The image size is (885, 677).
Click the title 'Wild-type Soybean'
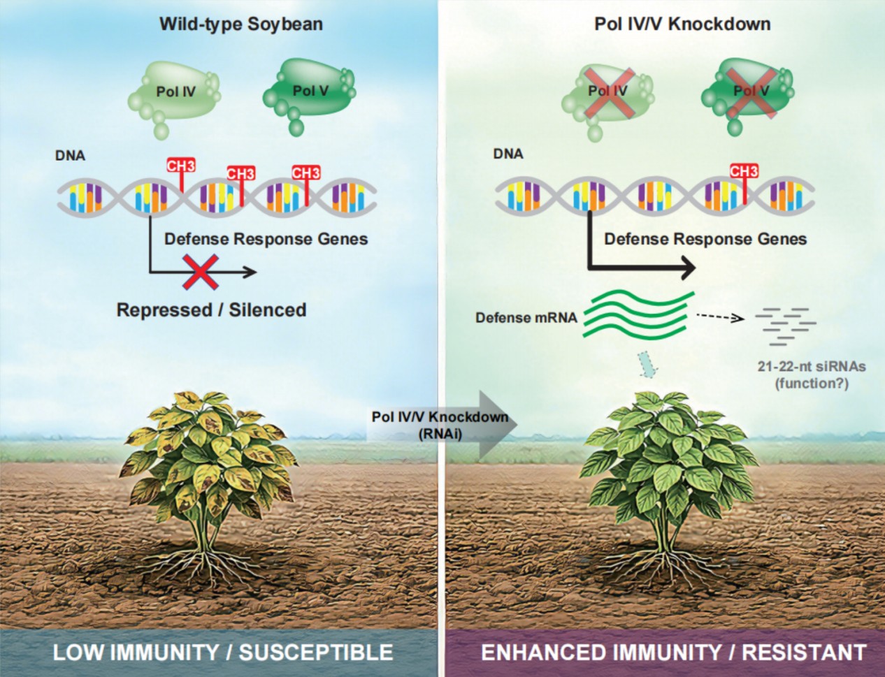[x=241, y=24]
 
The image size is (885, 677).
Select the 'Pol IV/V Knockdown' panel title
[x=682, y=24]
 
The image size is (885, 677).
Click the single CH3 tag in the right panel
[x=744, y=172]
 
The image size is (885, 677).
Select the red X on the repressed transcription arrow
[x=199, y=272]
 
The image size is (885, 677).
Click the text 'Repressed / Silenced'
[x=211, y=310]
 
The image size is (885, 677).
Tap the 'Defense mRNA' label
[x=526, y=318]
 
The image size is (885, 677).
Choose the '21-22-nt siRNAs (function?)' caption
[x=811, y=374]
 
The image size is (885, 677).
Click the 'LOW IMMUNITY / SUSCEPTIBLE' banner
[x=222, y=653]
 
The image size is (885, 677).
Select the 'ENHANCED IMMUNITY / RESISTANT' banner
[x=673, y=653]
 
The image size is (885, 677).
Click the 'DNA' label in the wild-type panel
[x=70, y=155]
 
